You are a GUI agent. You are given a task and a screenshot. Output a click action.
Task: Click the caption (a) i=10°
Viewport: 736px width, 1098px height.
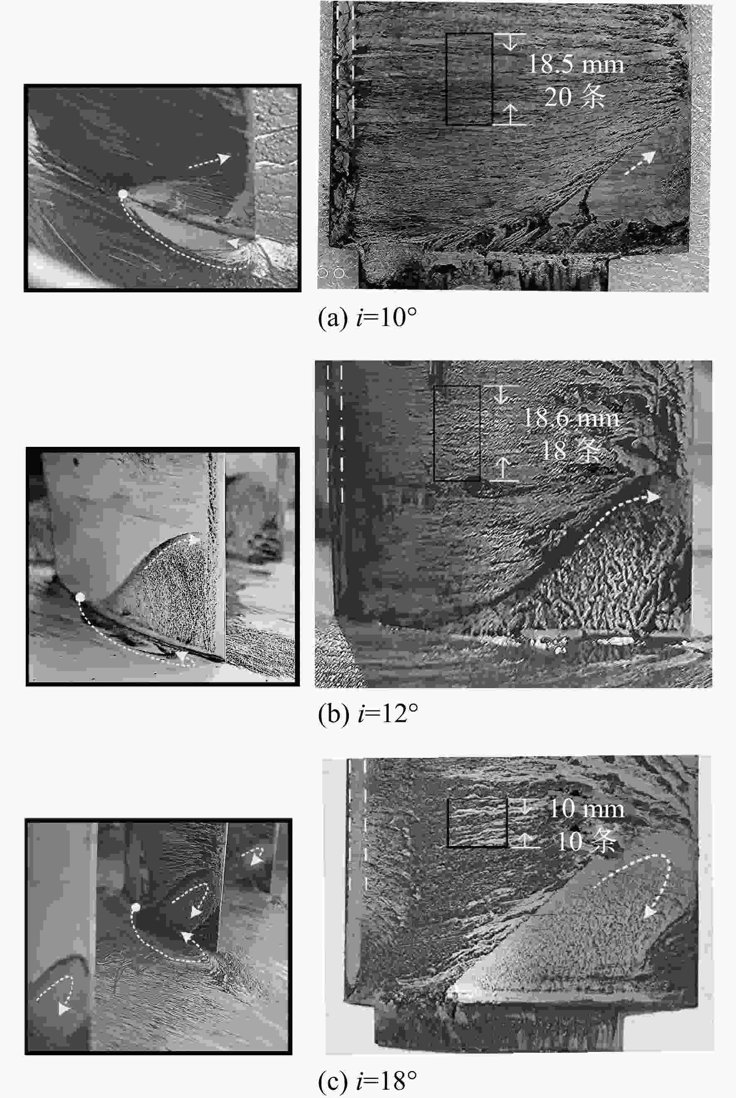(368, 318)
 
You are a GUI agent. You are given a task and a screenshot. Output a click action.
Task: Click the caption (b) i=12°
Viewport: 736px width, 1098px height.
(368, 714)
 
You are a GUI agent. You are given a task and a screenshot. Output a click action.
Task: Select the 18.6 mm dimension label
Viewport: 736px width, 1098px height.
(571, 417)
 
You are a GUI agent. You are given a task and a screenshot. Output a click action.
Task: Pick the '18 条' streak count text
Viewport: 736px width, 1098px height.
(571, 450)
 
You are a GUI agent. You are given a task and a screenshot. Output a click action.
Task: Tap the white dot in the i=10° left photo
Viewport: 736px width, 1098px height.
(123, 194)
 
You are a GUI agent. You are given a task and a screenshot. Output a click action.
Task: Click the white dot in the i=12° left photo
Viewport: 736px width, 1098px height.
(80, 597)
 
